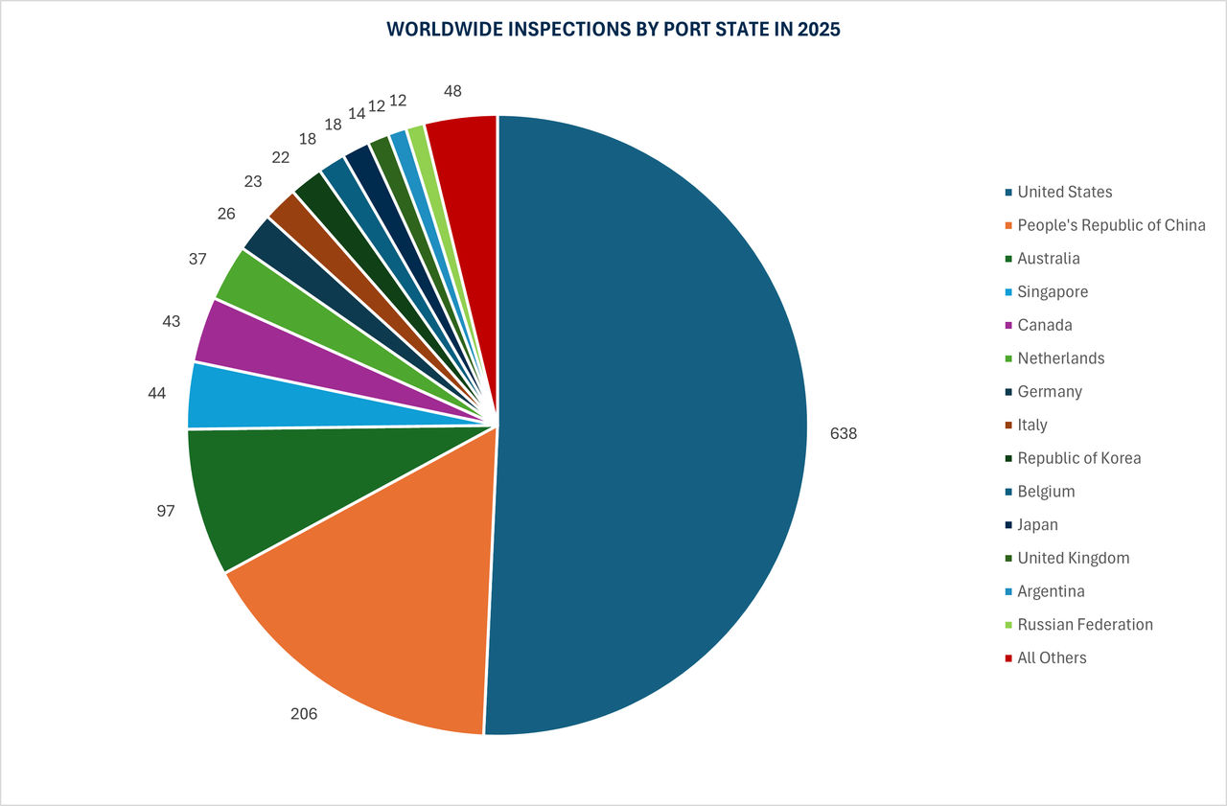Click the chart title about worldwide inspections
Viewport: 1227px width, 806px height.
(x=613, y=30)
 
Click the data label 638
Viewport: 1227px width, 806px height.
(x=844, y=433)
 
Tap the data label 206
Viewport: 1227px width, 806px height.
(x=303, y=714)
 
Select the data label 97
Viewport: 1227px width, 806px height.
(x=166, y=512)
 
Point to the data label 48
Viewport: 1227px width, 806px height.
(x=452, y=91)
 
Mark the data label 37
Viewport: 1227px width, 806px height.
(x=197, y=259)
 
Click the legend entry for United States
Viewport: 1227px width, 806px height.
(x=1064, y=192)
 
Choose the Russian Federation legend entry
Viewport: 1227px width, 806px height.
(x=1084, y=625)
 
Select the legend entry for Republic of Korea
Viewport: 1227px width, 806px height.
(x=1078, y=458)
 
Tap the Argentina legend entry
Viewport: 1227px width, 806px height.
(x=1051, y=591)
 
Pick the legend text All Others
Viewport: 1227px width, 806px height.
(x=1052, y=657)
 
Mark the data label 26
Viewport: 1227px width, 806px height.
(x=226, y=214)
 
